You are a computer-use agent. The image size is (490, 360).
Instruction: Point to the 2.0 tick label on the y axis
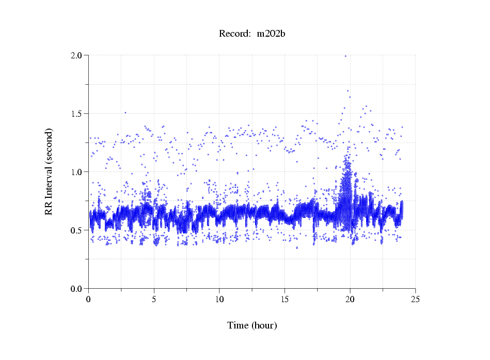[x=77, y=55]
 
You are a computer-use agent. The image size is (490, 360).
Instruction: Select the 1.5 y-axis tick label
[x=77, y=114]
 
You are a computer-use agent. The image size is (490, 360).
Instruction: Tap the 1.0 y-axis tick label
[x=77, y=172]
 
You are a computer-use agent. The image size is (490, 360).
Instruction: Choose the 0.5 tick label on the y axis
[x=77, y=230]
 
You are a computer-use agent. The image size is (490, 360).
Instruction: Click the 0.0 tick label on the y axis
[x=77, y=289]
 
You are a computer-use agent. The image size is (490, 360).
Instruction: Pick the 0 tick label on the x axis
[x=89, y=299]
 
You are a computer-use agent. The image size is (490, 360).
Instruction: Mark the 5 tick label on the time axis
[x=154, y=299]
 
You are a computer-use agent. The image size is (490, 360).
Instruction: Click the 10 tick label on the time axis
[x=219, y=299]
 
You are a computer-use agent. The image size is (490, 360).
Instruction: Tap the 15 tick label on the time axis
[x=285, y=299]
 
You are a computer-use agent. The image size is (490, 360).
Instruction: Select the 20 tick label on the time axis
[x=351, y=299]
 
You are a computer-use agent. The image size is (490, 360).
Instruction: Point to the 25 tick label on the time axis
[x=416, y=299]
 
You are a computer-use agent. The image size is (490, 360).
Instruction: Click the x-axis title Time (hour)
[x=252, y=325]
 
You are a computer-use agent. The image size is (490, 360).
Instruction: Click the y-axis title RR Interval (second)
[x=49, y=172]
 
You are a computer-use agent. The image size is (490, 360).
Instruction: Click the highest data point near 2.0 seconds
[x=345, y=56]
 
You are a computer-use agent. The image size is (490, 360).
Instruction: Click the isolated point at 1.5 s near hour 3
[x=125, y=112]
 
